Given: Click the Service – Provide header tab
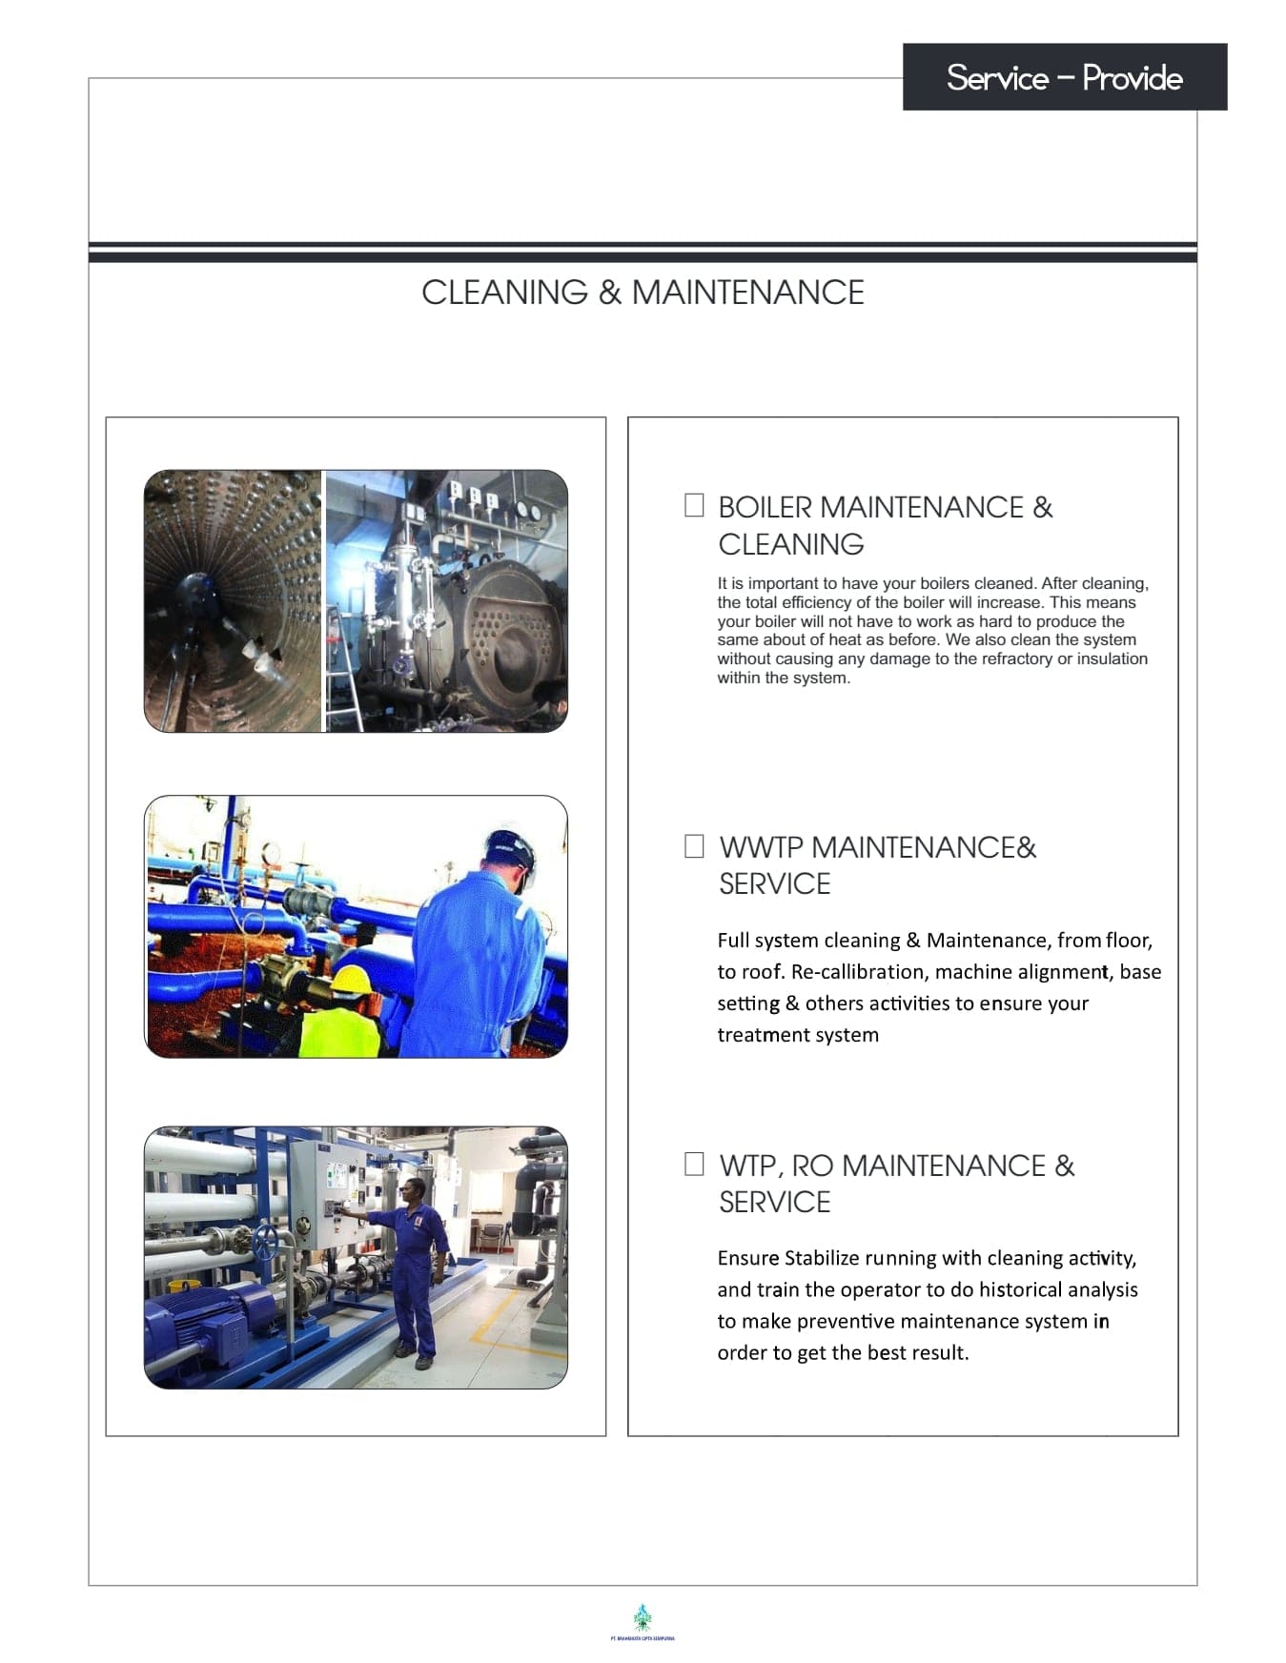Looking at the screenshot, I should click(1064, 77).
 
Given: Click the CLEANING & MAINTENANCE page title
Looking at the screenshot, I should click(643, 293).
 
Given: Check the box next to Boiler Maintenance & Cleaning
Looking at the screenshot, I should click(694, 505).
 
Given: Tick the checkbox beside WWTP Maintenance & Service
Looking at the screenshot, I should click(694, 846).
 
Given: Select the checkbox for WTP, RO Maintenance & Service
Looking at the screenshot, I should click(694, 1164).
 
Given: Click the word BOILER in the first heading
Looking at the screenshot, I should click(764, 507).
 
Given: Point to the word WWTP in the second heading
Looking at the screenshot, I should click(761, 847).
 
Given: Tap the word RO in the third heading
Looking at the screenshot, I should click(812, 1166).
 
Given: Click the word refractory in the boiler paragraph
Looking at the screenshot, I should click(1014, 659).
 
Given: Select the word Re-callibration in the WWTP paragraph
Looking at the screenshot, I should click(858, 972).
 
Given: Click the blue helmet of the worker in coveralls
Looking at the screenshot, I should click(507, 847).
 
